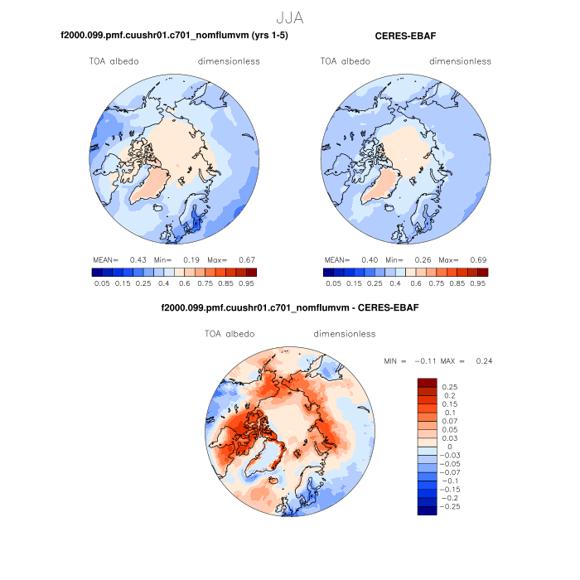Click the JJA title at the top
pos(290,16)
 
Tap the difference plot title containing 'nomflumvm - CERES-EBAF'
pos(290,308)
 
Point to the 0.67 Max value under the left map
pos(246,259)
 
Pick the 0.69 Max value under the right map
pos(478,259)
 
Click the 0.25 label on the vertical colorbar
pos(450,387)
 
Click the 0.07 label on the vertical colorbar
pos(450,422)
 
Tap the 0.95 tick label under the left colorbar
pos(245,283)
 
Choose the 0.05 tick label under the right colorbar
pos(333,283)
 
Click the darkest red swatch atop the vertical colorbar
pos(427,382)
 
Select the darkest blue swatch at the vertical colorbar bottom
pos(427,510)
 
